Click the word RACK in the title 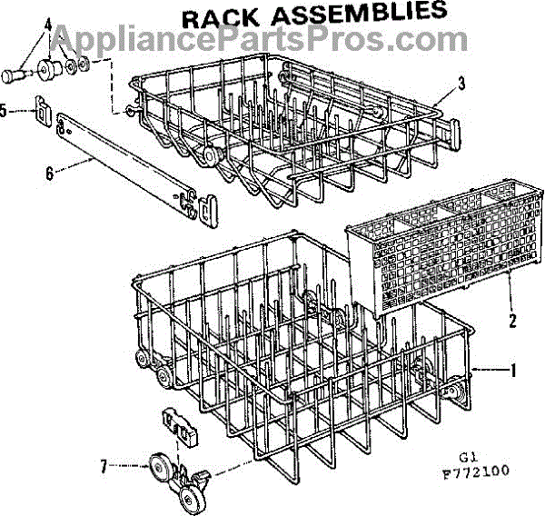[221, 19]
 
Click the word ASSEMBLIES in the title [360, 14]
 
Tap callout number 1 [512, 371]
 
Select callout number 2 [512, 320]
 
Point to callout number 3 [461, 84]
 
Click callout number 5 [3, 111]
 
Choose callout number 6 [50, 173]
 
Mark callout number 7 [104, 466]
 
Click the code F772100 [475, 471]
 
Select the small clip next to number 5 [44, 111]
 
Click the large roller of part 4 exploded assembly [49, 70]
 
